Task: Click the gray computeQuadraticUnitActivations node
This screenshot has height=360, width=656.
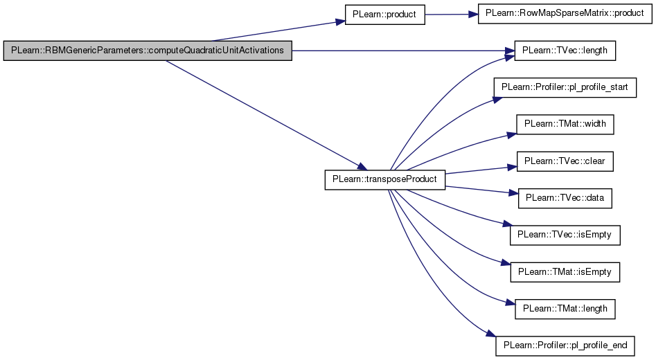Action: [x=148, y=51]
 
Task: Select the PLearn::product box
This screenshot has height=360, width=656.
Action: [x=384, y=15]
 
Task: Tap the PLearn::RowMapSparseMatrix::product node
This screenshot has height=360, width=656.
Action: [x=565, y=13]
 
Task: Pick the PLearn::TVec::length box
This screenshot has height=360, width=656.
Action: [x=565, y=51]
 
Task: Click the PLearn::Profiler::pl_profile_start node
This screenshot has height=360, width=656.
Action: [x=565, y=87]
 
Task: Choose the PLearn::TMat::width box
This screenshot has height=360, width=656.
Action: [x=565, y=124]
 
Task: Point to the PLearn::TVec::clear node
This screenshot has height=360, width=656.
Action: [x=565, y=161]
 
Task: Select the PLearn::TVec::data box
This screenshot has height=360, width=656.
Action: [x=565, y=198]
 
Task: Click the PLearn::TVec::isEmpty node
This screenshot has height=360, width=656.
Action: [x=565, y=235]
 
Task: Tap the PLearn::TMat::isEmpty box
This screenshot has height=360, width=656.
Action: [x=565, y=272]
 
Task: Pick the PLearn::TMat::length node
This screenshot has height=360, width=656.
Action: [x=565, y=309]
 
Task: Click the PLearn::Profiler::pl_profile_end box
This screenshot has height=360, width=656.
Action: [x=565, y=345]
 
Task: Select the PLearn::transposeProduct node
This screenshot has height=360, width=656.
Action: [x=385, y=179]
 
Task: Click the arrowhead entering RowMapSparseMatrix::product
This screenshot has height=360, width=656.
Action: [x=472, y=15]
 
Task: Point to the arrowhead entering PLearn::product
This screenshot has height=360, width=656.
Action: [x=339, y=21]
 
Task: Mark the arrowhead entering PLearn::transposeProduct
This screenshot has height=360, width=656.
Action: [x=362, y=167]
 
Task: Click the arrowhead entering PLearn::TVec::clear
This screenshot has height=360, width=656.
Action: [x=512, y=168]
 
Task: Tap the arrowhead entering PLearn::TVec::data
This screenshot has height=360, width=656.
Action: [x=513, y=192]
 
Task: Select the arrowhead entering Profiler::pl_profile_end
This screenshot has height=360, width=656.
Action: [x=491, y=334]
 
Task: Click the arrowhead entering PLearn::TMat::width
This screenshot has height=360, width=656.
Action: [x=512, y=135]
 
